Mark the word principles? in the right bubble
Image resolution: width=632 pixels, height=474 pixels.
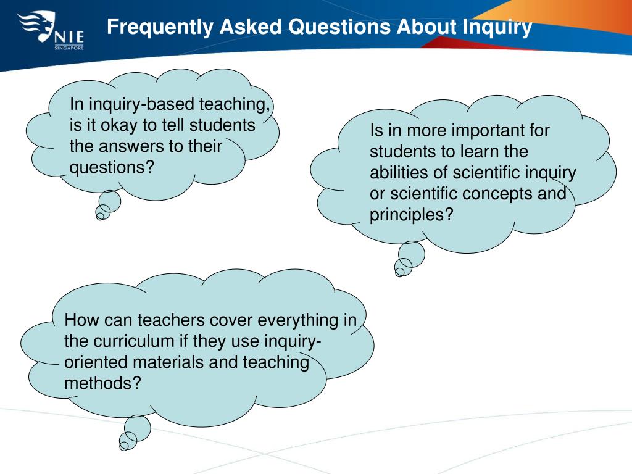pyautogui.click(x=411, y=215)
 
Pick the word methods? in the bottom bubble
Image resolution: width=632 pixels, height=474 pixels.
pyautogui.click(x=102, y=383)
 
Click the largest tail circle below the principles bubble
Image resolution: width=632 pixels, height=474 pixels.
pyautogui.click(x=412, y=254)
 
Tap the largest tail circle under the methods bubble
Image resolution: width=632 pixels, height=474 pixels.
pyautogui.click(x=137, y=427)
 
